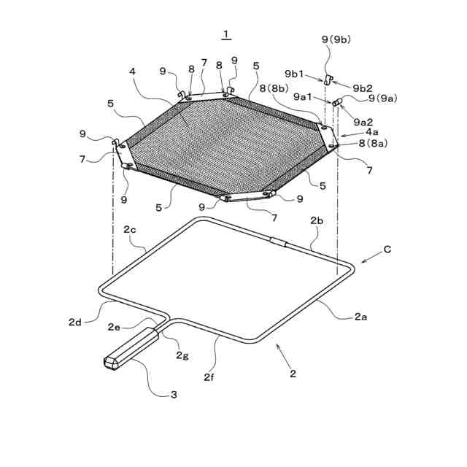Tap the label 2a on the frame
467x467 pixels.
click(x=360, y=316)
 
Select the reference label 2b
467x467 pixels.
click(x=317, y=220)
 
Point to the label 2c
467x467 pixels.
click(x=130, y=229)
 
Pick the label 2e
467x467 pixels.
click(x=115, y=327)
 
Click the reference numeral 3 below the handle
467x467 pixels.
click(x=174, y=395)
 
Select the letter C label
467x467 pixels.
click(x=387, y=250)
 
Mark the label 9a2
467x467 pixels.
click(x=360, y=121)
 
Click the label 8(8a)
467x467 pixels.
click(x=372, y=144)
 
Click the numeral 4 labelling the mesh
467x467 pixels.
click(x=132, y=72)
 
